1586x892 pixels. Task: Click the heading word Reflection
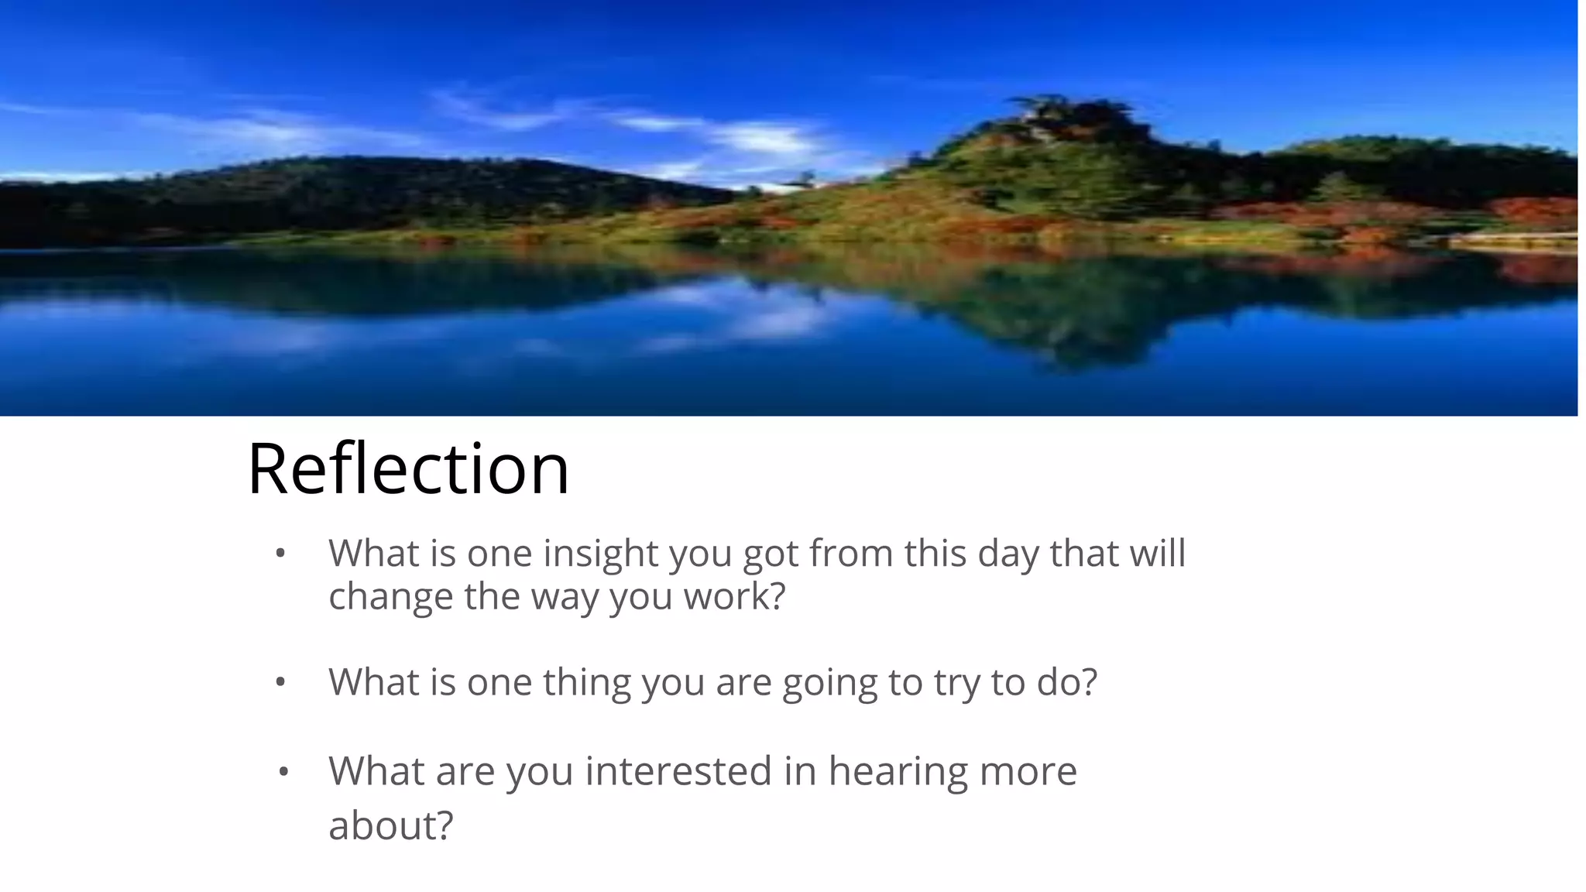click(x=408, y=468)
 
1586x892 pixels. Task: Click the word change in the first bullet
click(x=390, y=596)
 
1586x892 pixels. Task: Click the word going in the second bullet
click(x=829, y=682)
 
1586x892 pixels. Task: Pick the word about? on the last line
click(x=390, y=825)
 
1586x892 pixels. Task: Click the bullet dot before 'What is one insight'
click(x=280, y=554)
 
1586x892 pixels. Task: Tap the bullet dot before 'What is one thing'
click(x=280, y=682)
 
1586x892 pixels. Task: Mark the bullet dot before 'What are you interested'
click(x=283, y=772)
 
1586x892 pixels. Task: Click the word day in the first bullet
click(x=1008, y=553)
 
